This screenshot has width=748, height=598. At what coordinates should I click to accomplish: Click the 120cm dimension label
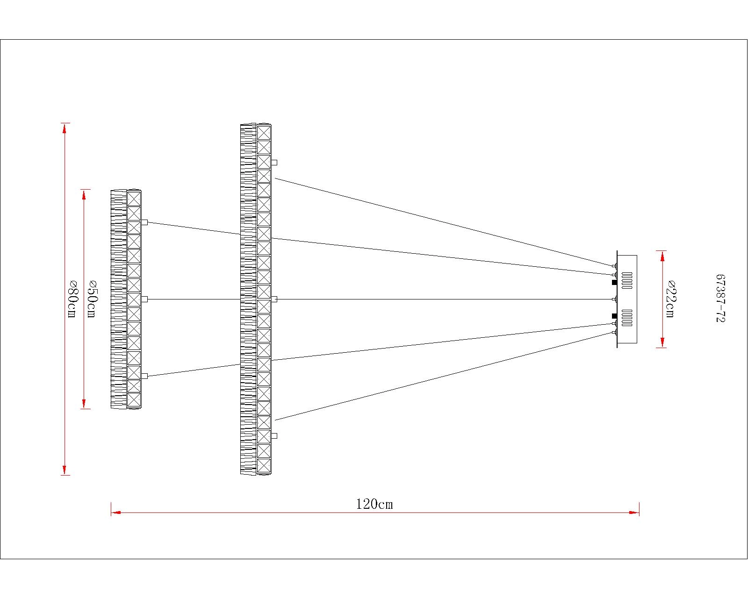point(374,504)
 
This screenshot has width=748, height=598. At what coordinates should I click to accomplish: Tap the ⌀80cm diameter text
point(72,299)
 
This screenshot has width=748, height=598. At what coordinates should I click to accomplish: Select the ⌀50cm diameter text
point(92,299)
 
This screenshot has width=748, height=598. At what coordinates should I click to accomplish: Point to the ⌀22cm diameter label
point(670,299)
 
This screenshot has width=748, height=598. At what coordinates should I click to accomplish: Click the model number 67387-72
point(720,299)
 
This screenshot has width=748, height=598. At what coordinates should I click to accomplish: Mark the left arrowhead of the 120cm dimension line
point(116,513)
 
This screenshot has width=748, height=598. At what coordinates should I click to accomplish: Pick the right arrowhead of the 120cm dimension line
point(634,513)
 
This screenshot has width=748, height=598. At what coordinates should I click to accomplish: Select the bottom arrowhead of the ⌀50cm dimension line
point(84,404)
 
